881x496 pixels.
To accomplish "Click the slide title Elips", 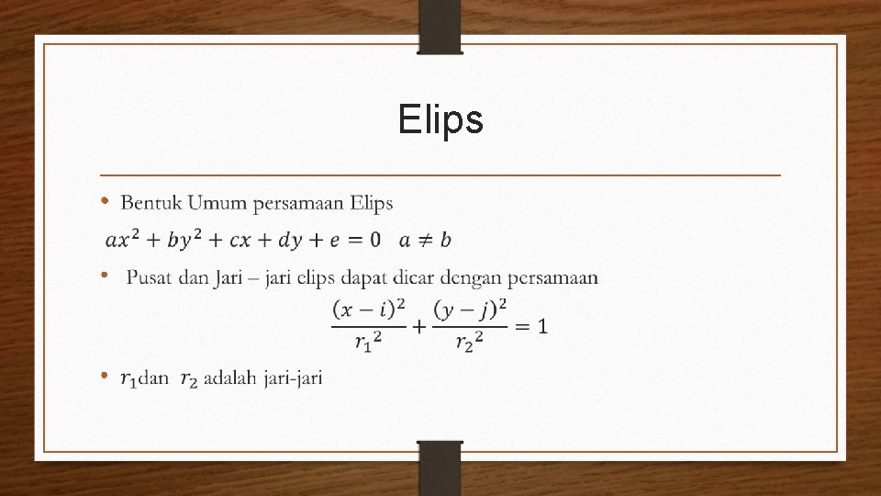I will [440, 120].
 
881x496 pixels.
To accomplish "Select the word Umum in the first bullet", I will [213, 202].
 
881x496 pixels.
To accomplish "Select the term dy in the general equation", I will [292, 240].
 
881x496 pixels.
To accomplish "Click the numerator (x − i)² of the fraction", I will [369, 310].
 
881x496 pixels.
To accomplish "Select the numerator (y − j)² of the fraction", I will [471, 310].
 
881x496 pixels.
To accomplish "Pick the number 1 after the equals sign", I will [542, 326].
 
